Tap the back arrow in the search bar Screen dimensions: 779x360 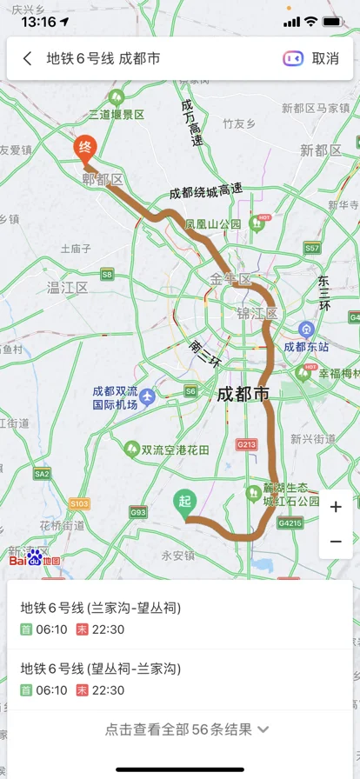coord(28,58)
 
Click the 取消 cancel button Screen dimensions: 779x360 coord(325,58)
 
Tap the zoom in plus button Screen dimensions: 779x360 coord(336,507)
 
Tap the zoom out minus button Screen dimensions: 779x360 coord(336,541)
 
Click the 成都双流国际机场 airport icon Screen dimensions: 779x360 coord(147,397)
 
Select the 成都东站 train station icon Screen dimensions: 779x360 coord(306,330)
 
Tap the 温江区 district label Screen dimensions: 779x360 coord(68,286)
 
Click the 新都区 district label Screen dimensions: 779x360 coord(321,150)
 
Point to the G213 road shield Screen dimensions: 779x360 coord(247,444)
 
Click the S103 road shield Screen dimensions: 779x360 coord(79,503)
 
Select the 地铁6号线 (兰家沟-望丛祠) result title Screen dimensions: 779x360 coord(101,607)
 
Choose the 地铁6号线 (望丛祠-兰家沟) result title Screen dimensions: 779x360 coord(101,669)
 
